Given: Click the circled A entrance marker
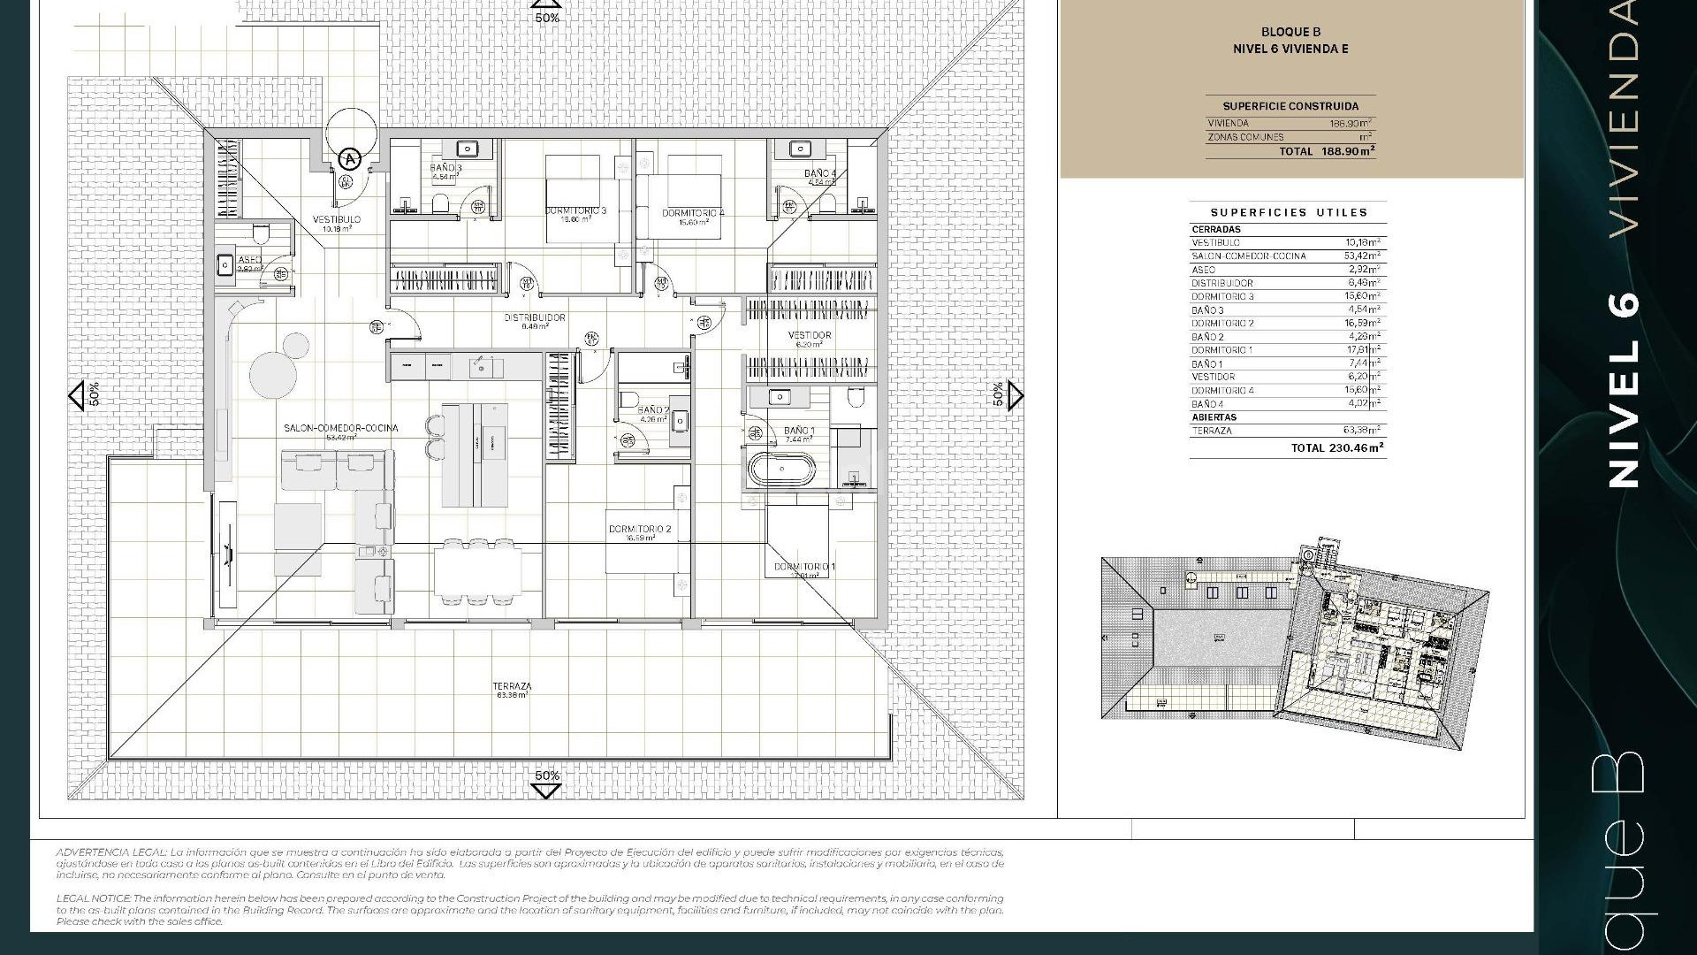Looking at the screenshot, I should (x=351, y=159).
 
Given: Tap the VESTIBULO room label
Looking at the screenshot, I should (x=336, y=219).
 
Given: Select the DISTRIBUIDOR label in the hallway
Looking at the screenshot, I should (x=535, y=317).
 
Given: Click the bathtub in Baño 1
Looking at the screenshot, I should (x=781, y=469).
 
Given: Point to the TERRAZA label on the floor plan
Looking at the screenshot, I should (x=512, y=686).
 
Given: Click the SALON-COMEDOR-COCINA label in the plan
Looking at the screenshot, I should (x=340, y=428).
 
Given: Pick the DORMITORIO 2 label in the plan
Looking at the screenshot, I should (x=640, y=530).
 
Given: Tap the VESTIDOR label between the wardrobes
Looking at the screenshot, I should (x=810, y=335).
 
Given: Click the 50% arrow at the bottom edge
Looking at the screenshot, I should (x=546, y=783).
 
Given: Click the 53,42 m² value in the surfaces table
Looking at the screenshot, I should (x=1362, y=256).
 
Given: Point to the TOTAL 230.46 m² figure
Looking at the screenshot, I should (x=1337, y=448).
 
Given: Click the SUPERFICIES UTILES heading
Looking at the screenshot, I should (x=1288, y=212).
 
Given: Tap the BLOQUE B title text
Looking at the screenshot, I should (x=1290, y=33).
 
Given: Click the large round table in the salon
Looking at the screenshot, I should (x=272, y=375).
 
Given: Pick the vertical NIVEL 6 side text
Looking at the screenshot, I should (x=1624, y=389).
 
